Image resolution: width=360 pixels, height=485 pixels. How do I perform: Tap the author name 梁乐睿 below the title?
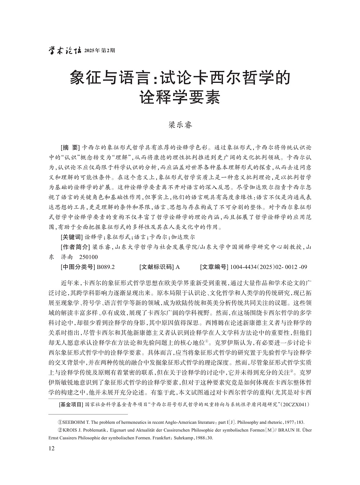tap(180, 125)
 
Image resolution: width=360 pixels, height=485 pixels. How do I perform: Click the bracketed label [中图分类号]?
tap(76, 267)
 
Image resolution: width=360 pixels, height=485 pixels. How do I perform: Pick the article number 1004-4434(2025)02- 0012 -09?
tap(269, 267)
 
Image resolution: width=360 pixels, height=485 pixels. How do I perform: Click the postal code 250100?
tap(88, 257)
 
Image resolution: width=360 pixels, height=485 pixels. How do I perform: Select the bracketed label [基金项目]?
tap(71, 404)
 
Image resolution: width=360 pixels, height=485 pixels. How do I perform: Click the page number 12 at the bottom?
tap(51, 448)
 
